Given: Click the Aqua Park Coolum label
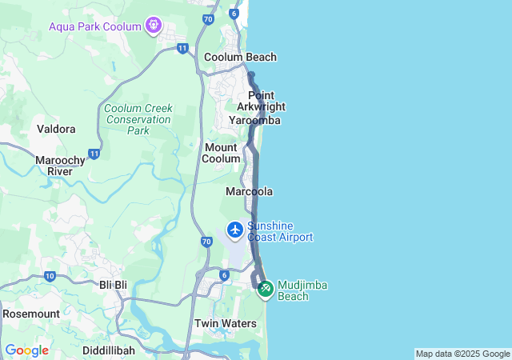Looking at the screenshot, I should pyautogui.click(x=94, y=26).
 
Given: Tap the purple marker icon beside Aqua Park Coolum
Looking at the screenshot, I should pyautogui.click(x=154, y=26).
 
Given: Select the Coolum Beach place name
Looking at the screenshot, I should pyautogui.click(x=240, y=57).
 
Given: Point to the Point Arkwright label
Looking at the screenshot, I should pyautogui.click(x=262, y=101).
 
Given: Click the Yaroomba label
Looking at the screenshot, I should pyautogui.click(x=254, y=120).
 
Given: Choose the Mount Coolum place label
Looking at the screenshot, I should pyautogui.click(x=222, y=153).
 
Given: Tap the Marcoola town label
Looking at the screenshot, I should pyautogui.click(x=249, y=192).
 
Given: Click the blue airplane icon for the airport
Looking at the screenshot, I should pyautogui.click(x=235, y=230).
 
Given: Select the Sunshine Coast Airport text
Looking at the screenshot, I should pyautogui.click(x=280, y=231).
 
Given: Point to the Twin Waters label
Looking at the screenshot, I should pyautogui.click(x=226, y=324).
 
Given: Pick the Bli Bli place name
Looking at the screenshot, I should pyautogui.click(x=113, y=285).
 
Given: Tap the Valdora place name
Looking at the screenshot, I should pyautogui.click(x=56, y=129).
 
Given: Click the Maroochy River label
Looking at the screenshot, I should pyautogui.click(x=60, y=166).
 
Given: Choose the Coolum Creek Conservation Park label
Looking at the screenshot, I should pyautogui.click(x=138, y=119).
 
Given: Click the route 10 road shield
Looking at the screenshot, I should pyautogui.click(x=50, y=277).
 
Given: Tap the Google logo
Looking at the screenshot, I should pyautogui.click(x=26, y=350).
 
